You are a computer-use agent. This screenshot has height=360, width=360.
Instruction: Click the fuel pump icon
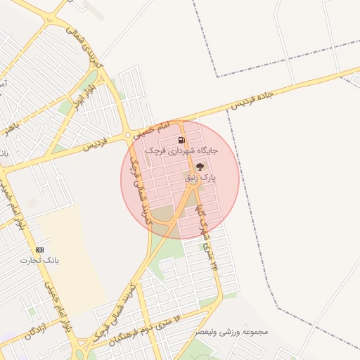coord(182,140)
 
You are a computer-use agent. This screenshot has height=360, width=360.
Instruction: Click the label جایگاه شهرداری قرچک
coord(182,150)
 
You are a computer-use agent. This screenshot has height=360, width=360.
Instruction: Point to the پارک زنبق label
coord(200,179)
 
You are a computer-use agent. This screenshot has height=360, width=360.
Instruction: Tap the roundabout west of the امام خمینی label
coord(127,135)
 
